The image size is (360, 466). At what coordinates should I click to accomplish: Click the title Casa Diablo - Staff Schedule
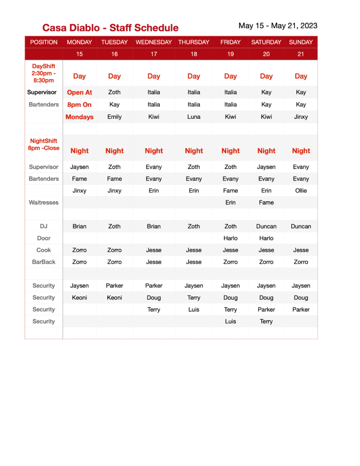(x=110, y=28)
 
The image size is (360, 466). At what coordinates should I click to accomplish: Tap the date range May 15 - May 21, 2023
(x=278, y=26)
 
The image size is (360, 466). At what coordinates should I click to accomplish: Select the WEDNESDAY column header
(x=153, y=42)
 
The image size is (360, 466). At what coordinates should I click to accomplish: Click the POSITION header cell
(x=44, y=42)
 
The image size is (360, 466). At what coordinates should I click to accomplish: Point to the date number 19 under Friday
(x=230, y=54)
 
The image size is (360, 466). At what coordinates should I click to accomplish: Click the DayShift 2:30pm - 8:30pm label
(x=44, y=73)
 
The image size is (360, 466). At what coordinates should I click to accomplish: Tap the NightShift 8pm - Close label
(x=44, y=145)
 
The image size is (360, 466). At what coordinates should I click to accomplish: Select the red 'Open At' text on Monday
(x=79, y=92)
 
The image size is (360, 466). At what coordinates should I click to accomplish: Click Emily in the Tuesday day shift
(x=114, y=117)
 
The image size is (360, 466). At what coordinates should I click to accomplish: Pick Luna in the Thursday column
(x=193, y=117)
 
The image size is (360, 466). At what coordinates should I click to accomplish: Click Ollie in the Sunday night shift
(x=301, y=191)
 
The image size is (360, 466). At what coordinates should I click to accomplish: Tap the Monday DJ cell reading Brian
(x=79, y=226)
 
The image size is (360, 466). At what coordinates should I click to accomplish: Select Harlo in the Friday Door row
(x=230, y=238)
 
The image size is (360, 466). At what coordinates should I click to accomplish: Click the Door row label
(x=44, y=238)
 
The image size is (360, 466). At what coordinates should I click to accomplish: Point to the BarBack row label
(x=44, y=262)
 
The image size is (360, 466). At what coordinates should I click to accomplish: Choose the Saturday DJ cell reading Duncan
(x=266, y=226)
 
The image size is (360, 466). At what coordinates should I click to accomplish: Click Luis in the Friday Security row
(x=230, y=321)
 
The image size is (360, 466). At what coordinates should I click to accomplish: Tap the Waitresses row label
(x=44, y=203)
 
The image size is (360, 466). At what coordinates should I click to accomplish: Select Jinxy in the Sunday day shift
(x=301, y=117)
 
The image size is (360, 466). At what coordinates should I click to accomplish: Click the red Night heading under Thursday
(x=193, y=151)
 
